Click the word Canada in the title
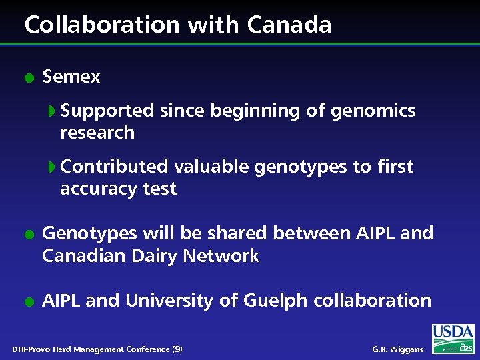(289, 25)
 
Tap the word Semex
(71, 77)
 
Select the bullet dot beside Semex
(28, 77)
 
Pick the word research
(97, 133)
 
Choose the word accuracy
(99, 189)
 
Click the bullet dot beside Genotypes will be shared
(28, 234)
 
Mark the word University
(170, 301)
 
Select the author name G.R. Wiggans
(398, 349)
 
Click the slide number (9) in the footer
(177, 349)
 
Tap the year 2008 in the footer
(449, 349)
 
